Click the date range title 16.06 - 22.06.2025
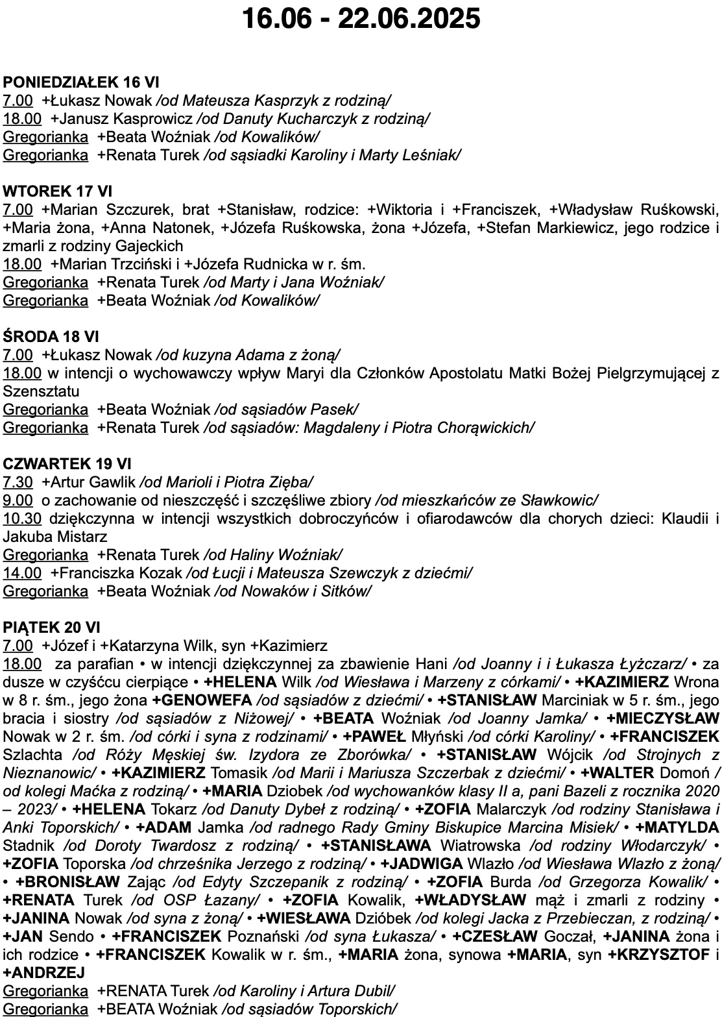pos(361,19)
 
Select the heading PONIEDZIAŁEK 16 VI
pos(81,82)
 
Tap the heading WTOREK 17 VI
pos(58,191)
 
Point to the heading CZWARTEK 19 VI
pos(67,464)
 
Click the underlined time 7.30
pos(18,482)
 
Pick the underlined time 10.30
pos(22,519)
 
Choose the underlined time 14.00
pos(22,573)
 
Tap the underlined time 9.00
pos(18,500)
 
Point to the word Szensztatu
pos(41,391)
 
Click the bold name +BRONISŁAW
pos(68,882)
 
